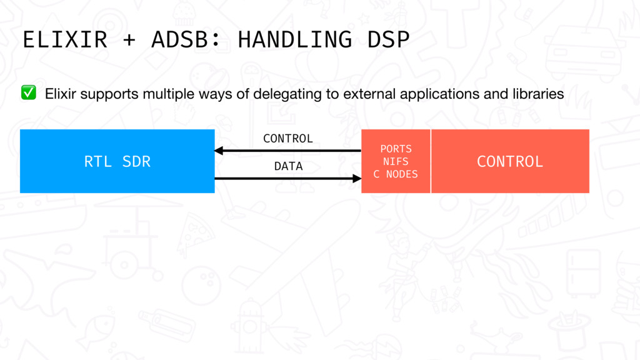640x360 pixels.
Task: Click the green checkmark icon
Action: click(x=29, y=92)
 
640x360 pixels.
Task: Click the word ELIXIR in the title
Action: click(x=65, y=39)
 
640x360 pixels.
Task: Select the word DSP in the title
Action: click(x=388, y=39)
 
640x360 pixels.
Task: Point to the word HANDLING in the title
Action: click(x=295, y=39)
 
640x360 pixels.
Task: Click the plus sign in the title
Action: click(x=129, y=40)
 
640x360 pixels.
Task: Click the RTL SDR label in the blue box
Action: click(x=117, y=162)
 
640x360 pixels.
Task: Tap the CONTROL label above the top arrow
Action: click(x=288, y=139)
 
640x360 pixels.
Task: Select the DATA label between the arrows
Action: click(x=288, y=166)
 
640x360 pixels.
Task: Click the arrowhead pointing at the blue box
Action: click(x=219, y=151)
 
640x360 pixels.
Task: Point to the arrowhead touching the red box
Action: click(x=357, y=178)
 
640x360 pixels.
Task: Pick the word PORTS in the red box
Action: click(x=396, y=149)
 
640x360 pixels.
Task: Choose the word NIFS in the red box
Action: click(x=396, y=162)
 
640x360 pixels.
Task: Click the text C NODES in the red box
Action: click(x=396, y=174)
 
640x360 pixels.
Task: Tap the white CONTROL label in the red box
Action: click(x=510, y=162)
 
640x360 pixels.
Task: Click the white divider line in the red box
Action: click(x=431, y=161)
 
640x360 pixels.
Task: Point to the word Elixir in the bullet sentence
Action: click(x=61, y=94)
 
